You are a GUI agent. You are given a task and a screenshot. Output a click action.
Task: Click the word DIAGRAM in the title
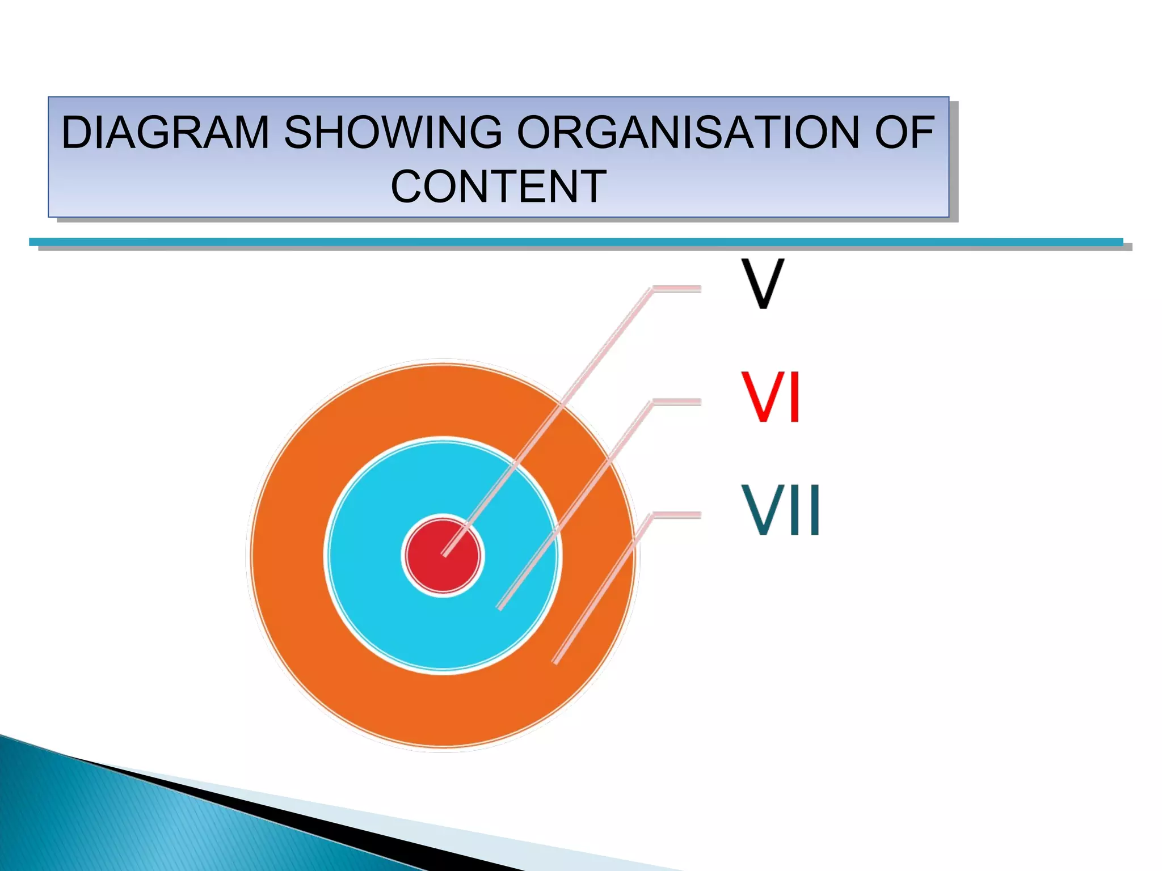(165, 133)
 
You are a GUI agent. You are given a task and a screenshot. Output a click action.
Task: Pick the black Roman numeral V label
(763, 284)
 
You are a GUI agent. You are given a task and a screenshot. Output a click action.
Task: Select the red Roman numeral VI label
(771, 396)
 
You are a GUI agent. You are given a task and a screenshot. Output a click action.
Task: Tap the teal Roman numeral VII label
(781, 510)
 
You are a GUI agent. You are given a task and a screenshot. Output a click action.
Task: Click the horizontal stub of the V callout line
(677, 289)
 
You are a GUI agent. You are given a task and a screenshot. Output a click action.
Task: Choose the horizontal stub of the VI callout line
(677, 403)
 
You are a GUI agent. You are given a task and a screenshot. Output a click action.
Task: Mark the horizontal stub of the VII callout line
(677, 515)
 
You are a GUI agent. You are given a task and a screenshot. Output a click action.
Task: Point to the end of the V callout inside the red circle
(445, 554)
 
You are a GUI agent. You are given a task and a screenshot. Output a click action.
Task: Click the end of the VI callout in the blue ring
(500, 607)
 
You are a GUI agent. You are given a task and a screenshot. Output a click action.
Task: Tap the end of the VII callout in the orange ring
(555, 661)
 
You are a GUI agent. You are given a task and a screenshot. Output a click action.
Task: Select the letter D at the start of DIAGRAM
(76, 133)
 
